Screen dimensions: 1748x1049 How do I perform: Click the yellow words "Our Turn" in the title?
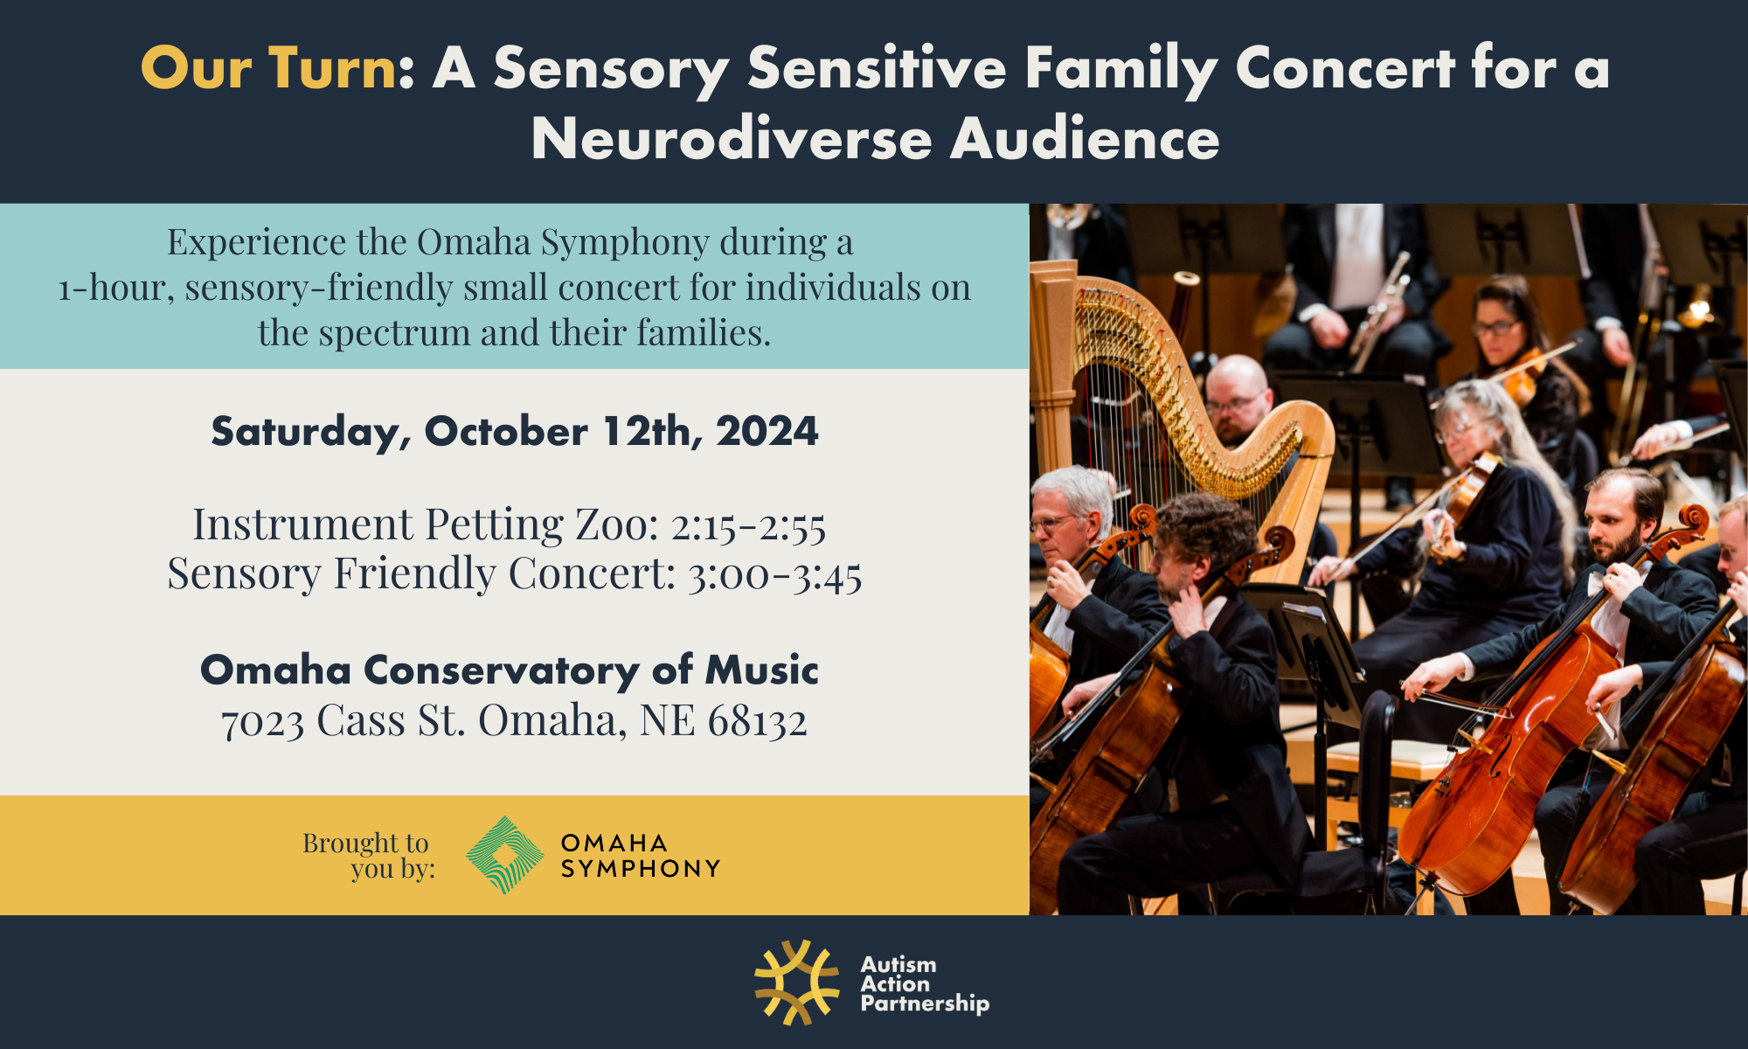pos(268,67)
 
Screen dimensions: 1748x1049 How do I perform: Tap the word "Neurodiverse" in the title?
pos(732,139)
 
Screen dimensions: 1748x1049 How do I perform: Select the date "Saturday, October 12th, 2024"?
pos(515,432)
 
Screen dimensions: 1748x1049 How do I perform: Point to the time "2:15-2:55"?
pos(748,525)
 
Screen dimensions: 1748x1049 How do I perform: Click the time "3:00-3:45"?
pos(774,575)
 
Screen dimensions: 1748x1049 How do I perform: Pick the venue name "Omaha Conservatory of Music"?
pos(510,670)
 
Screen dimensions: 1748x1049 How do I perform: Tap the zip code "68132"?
pos(757,721)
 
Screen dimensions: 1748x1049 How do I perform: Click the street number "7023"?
pos(262,722)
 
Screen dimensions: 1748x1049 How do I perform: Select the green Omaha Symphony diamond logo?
pos(505,855)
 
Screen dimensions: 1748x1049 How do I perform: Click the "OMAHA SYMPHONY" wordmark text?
pos(641,856)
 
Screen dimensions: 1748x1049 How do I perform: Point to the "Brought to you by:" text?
pos(368,856)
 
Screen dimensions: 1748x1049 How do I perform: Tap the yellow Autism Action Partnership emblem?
pos(797,983)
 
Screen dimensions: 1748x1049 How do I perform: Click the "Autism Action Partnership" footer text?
pos(925,984)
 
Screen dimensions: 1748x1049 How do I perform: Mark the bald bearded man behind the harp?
pos(1236,398)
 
